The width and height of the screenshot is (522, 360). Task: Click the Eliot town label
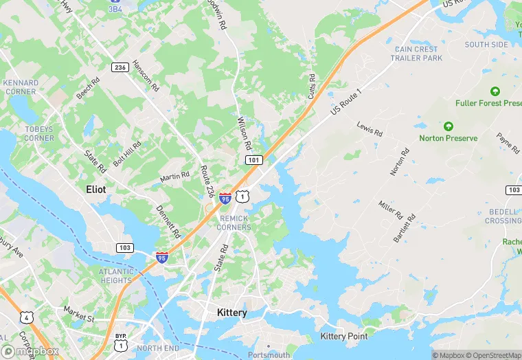[95, 188]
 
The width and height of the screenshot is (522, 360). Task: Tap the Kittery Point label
[343, 336]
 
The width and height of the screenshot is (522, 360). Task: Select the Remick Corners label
[234, 223]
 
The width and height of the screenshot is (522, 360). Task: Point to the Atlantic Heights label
[116, 275]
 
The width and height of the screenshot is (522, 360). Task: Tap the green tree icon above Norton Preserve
[448, 126]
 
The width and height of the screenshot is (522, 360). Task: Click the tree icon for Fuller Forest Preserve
[495, 91]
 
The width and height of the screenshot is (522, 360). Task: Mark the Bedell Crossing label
[503, 216]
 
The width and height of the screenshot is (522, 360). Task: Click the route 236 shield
[120, 66]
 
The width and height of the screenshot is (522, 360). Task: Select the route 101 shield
[253, 159]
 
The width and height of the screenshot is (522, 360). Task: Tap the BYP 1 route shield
[121, 339]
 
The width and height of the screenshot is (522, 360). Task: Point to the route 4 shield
[25, 317]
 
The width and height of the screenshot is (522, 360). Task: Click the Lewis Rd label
[370, 128]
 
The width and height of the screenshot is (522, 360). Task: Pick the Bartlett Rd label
[405, 227]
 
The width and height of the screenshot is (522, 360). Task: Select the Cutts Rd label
[311, 87]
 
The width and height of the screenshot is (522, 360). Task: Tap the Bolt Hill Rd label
[127, 153]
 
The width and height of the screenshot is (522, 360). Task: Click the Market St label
[80, 318]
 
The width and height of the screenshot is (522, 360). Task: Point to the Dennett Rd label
[167, 219]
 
